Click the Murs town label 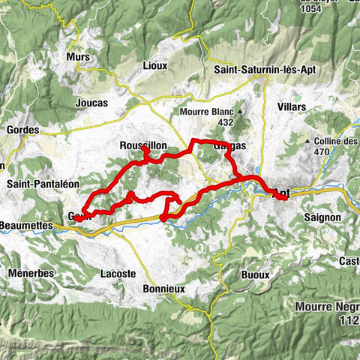78,57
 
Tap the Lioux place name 154,65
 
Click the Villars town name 291,107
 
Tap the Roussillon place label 142,145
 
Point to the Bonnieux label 165,288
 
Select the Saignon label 324,217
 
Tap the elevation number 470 322,151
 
